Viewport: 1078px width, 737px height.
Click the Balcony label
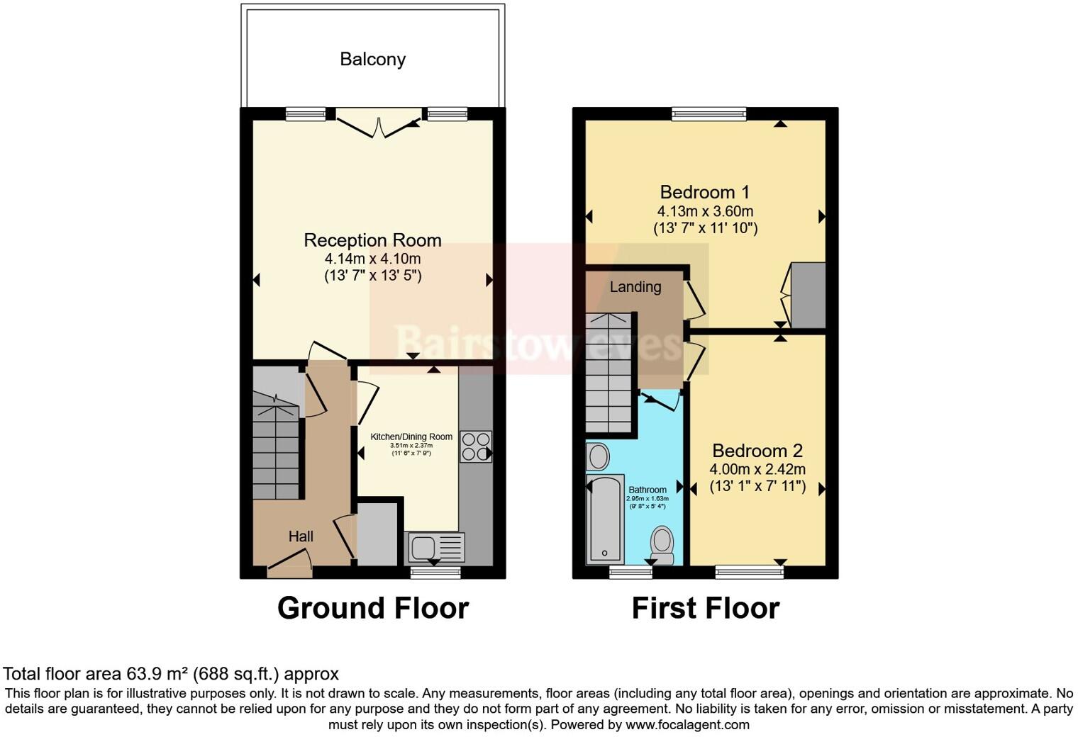[372, 59]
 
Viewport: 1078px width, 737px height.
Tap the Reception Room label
[372, 240]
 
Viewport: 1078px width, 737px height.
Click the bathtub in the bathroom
[605, 521]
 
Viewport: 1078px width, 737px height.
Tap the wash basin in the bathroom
[598, 457]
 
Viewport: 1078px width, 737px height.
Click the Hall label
[301, 536]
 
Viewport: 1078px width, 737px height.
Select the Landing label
[635, 287]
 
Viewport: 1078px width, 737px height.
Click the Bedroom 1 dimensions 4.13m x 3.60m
[705, 211]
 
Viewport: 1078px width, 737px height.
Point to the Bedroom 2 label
[757, 451]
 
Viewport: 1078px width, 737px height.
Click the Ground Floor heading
[372, 608]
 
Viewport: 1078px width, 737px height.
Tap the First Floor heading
[706, 608]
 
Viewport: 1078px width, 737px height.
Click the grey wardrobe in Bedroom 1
[808, 296]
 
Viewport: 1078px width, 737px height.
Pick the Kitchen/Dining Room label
[411, 437]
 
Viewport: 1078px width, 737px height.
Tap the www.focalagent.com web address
[687, 724]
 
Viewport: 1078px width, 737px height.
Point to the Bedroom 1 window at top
[709, 113]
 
